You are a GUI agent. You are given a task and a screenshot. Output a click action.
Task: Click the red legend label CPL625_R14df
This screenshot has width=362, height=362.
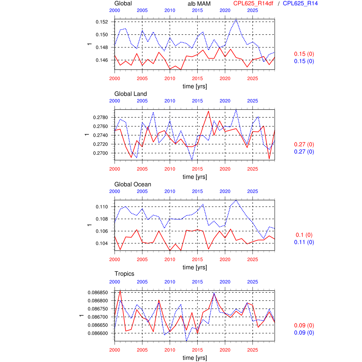(253, 4)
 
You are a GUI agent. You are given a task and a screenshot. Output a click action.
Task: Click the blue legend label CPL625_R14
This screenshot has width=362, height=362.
(300, 4)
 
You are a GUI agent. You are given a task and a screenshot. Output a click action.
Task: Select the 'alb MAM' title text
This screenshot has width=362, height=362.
(199, 4)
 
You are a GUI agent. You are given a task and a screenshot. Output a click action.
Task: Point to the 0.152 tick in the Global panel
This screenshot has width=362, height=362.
(102, 22)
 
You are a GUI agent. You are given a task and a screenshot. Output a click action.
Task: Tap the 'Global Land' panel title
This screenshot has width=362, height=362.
(131, 94)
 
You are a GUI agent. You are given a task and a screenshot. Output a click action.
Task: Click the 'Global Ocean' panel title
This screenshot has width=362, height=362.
(133, 184)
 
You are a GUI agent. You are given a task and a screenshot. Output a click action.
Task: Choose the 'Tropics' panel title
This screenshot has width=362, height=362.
(124, 274)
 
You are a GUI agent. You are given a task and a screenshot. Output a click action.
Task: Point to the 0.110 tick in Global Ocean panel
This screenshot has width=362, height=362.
(102, 207)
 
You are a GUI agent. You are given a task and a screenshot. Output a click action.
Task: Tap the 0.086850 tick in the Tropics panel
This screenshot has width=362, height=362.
(98, 293)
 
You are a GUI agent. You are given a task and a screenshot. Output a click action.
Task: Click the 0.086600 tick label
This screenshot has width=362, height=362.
(98, 333)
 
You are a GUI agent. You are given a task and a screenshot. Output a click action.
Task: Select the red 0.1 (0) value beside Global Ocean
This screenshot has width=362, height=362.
(304, 235)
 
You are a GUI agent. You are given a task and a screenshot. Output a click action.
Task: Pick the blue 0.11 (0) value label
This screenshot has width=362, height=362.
(304, 242)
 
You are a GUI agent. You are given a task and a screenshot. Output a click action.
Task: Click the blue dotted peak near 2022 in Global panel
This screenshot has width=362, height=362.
(236, 19)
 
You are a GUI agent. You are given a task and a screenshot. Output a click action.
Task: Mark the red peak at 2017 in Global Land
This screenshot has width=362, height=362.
(208, 111)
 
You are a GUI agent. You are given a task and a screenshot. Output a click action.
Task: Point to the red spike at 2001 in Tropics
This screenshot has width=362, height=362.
(120, 291)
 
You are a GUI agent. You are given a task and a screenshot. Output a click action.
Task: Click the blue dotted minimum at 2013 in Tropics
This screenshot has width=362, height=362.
(186, 341)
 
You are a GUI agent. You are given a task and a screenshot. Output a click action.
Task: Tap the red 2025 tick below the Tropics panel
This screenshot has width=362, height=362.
(252, 350)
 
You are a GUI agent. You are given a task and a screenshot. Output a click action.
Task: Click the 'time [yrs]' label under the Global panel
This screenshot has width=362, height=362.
(195, 86)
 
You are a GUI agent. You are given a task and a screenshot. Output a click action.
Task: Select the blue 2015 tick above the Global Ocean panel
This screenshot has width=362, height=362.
(197, 191)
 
